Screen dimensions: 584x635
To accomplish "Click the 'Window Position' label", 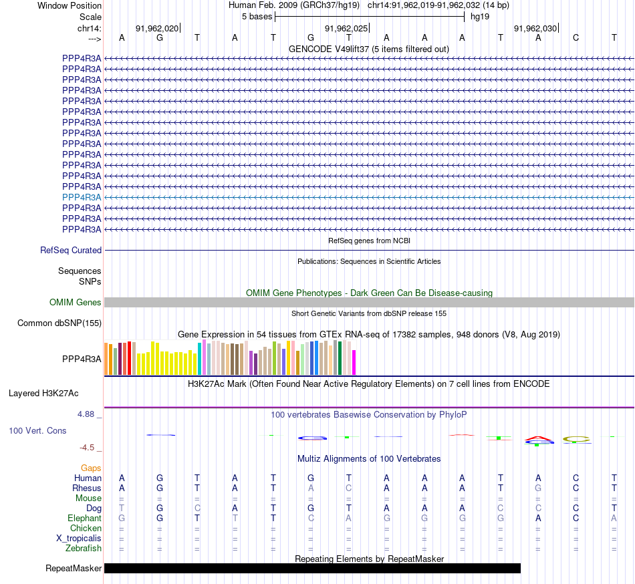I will (x=70, y=5).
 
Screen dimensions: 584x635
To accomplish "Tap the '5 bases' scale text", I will (x=257, y=16).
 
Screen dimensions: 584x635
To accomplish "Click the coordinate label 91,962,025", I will (x=346, y=28).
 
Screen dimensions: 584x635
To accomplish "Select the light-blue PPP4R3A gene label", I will (x=82, y=197).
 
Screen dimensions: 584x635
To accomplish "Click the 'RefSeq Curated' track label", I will (x=71, y=250).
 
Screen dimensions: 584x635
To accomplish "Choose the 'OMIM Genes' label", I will (x=76, y=303).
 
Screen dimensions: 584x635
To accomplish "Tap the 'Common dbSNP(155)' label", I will (x=59, y=323).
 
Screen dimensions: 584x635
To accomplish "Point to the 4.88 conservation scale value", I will (x=88, y=414).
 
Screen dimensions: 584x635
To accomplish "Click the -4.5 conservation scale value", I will (x=90, y=448).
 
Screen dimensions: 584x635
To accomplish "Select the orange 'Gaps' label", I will (x=92, y=468).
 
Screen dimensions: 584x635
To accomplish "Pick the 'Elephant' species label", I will (x=85, y=518).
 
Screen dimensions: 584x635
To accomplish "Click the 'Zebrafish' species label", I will (x=84, y=549).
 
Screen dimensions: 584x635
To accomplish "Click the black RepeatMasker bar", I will (x=312, y=568).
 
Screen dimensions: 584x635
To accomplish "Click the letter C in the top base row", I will (x=576, y=37).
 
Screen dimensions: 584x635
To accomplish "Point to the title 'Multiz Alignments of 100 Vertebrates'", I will (x=369, y=458).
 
